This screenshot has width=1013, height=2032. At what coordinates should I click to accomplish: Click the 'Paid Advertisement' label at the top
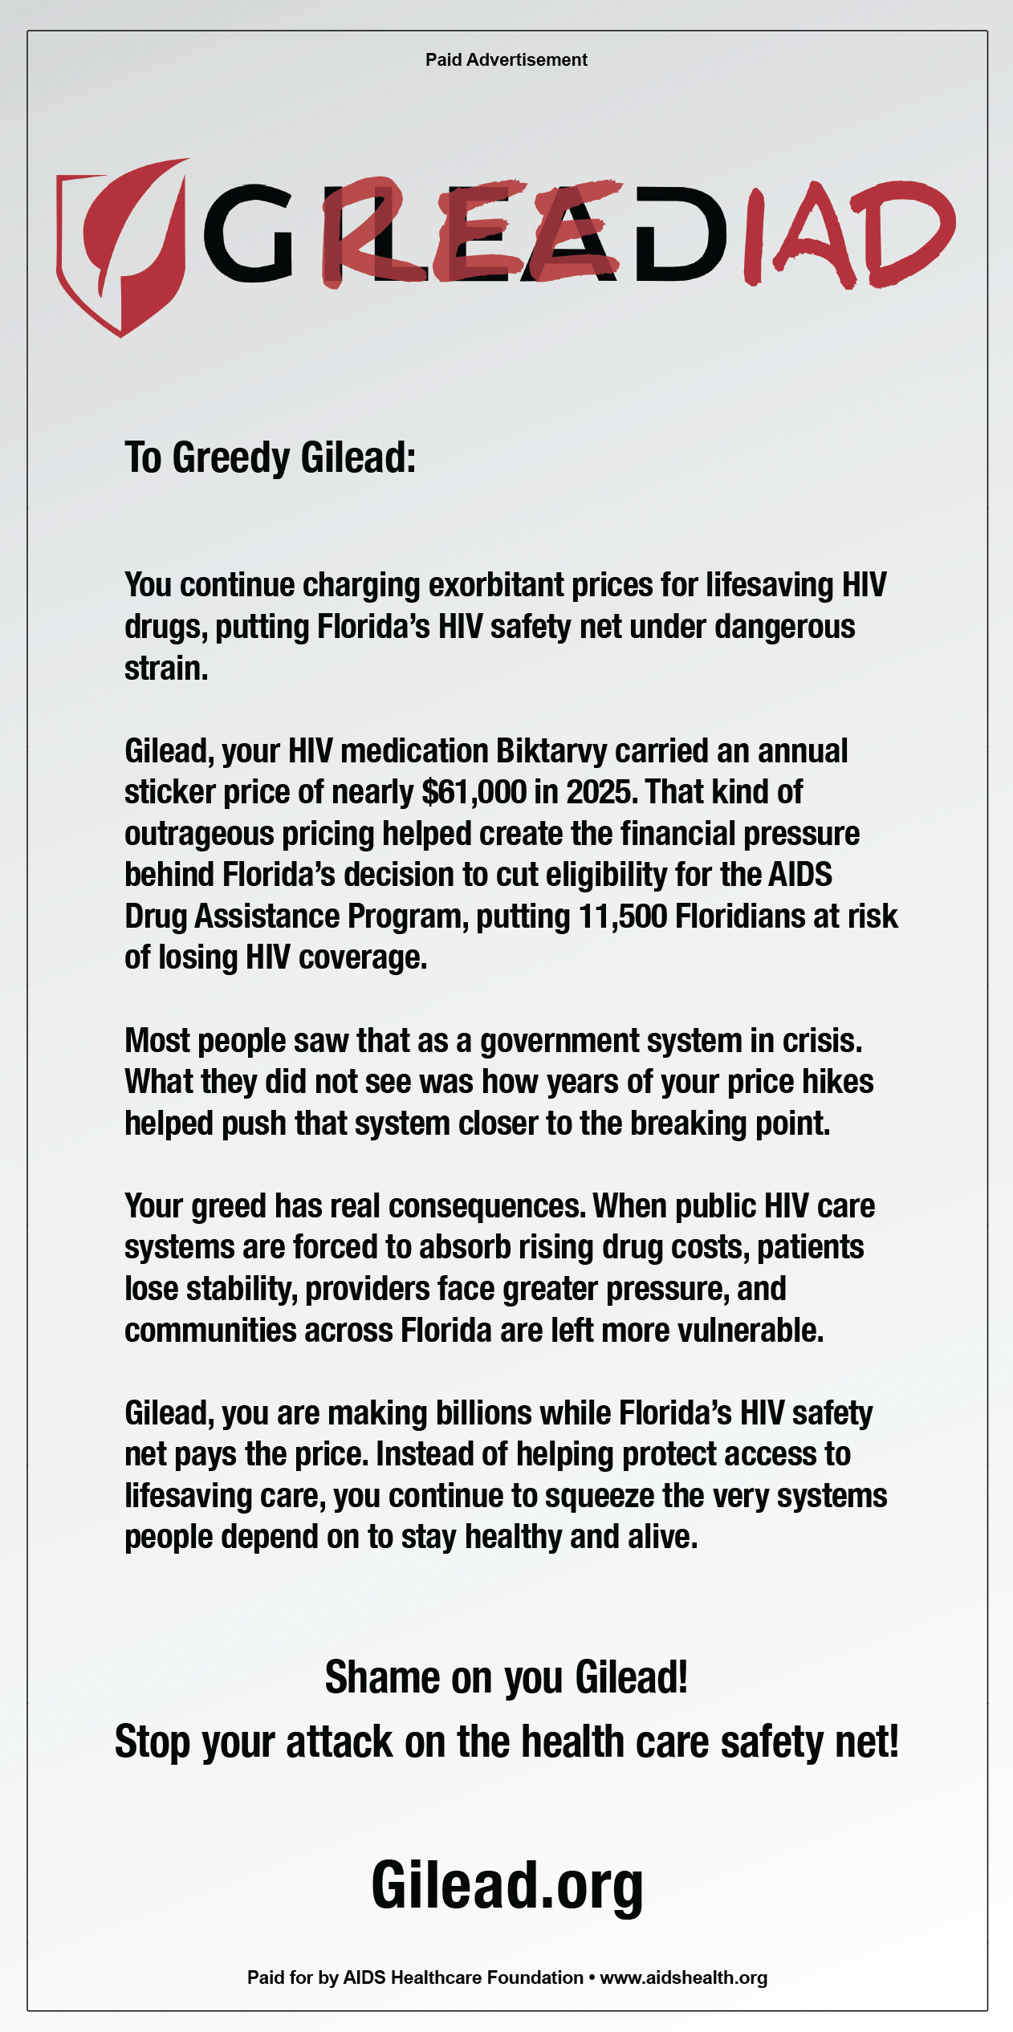(506, 59)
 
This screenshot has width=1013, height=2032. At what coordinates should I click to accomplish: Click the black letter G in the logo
(250, 234)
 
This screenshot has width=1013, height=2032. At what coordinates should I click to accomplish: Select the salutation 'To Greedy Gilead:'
(270, 458)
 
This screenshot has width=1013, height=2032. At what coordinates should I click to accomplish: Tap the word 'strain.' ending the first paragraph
(166, 669)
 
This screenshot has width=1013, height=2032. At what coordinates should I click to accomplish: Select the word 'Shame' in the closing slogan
(372, 1677)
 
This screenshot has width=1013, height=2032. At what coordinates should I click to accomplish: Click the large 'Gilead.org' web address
(506, 1886)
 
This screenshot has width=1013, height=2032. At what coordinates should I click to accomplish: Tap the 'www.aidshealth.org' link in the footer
(683, 1977)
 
